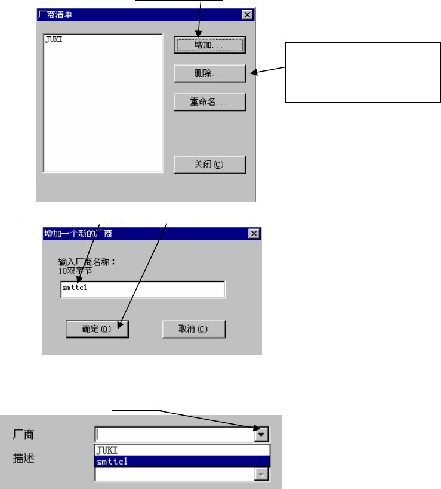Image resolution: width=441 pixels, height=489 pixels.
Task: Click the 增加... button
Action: [x=209, y=45]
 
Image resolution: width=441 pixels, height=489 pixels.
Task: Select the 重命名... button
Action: [x=209, y=102]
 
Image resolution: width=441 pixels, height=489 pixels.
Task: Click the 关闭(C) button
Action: [x=209, y=165]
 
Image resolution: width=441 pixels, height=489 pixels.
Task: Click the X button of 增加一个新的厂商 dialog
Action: [x=254, y=233]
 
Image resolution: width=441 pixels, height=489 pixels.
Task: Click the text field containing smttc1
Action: [x=142, y=290]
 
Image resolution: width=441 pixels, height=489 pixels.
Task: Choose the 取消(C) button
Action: [x=193, y=329]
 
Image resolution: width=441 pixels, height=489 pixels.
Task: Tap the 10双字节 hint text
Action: [x=75, y=270]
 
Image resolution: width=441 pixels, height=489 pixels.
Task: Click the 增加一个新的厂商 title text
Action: [x=78, y=233]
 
